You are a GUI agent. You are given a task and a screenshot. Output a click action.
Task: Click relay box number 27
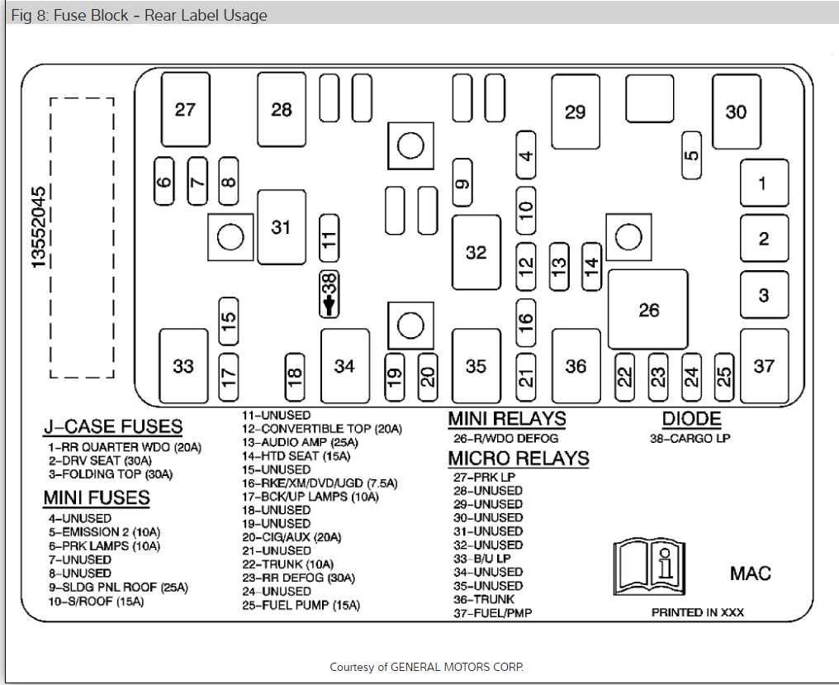186,108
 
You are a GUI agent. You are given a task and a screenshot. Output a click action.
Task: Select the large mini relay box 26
648,309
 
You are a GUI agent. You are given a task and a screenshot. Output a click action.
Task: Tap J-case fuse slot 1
764,183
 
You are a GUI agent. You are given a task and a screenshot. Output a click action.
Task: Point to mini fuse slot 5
692,155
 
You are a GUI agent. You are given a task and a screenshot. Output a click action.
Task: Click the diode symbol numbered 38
329,294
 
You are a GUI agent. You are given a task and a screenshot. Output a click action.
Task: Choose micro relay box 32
476,252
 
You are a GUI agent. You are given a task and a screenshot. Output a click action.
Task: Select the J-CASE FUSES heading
113,427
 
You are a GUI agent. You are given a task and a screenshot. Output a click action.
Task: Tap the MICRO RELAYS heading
519,458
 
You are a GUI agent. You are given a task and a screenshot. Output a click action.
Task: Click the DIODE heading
691,419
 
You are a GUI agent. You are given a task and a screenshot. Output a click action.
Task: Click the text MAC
750,573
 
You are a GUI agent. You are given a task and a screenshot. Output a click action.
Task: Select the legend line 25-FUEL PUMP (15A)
301,605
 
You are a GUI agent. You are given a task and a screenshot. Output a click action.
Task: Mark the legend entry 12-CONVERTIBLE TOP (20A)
321,429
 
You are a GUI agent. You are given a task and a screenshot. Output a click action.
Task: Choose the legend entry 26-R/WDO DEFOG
505,438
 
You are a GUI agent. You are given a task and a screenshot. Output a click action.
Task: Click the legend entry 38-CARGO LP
690,439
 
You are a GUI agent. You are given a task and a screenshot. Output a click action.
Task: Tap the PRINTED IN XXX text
698,612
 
